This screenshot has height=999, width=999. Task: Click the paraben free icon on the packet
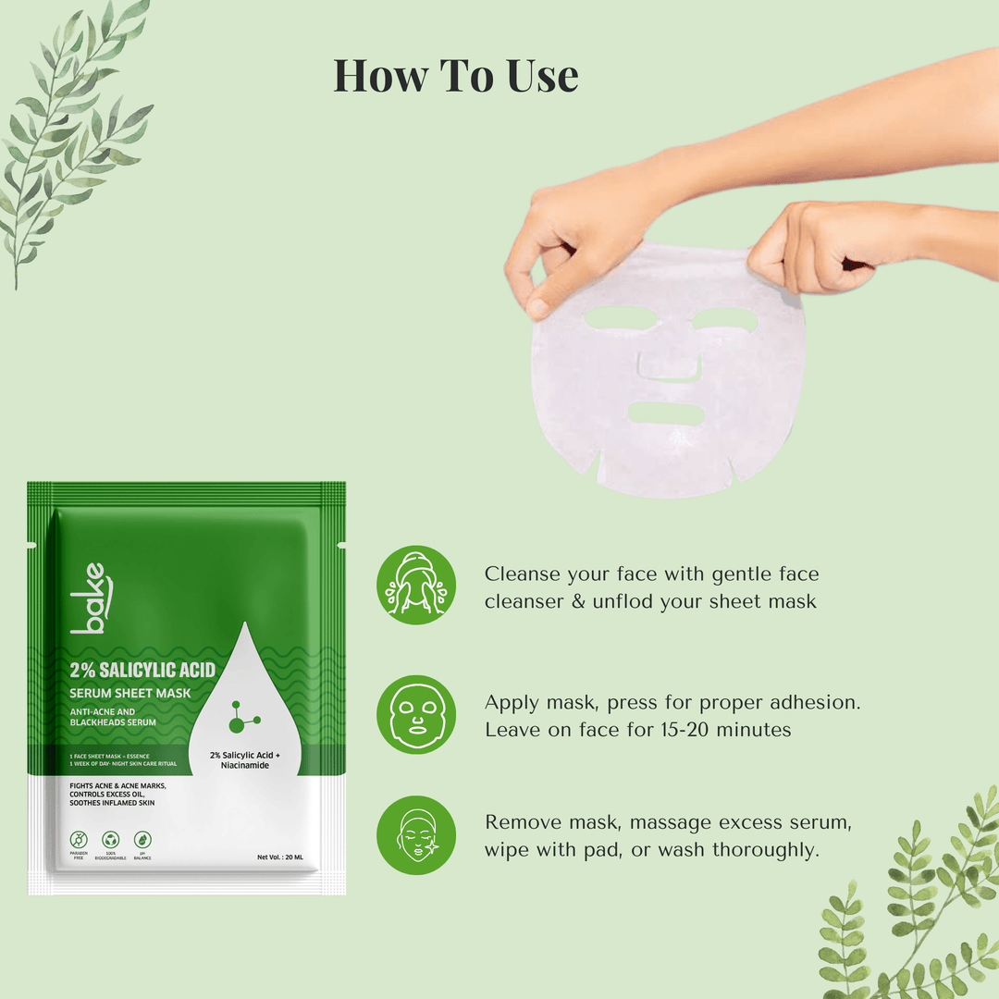(80, 840)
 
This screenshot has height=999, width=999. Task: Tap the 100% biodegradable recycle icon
(112, 840)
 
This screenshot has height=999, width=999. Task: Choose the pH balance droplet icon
(142, 840)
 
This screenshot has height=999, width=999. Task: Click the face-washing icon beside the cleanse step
(415, 585)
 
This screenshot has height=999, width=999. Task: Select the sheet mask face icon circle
(415, 714)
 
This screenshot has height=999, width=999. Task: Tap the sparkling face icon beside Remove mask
(415, 835)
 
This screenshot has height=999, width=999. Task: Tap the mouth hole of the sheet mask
(666, 413)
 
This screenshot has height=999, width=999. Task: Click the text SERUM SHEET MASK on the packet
(129, 693)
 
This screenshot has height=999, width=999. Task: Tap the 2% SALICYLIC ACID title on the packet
(142, 670)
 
